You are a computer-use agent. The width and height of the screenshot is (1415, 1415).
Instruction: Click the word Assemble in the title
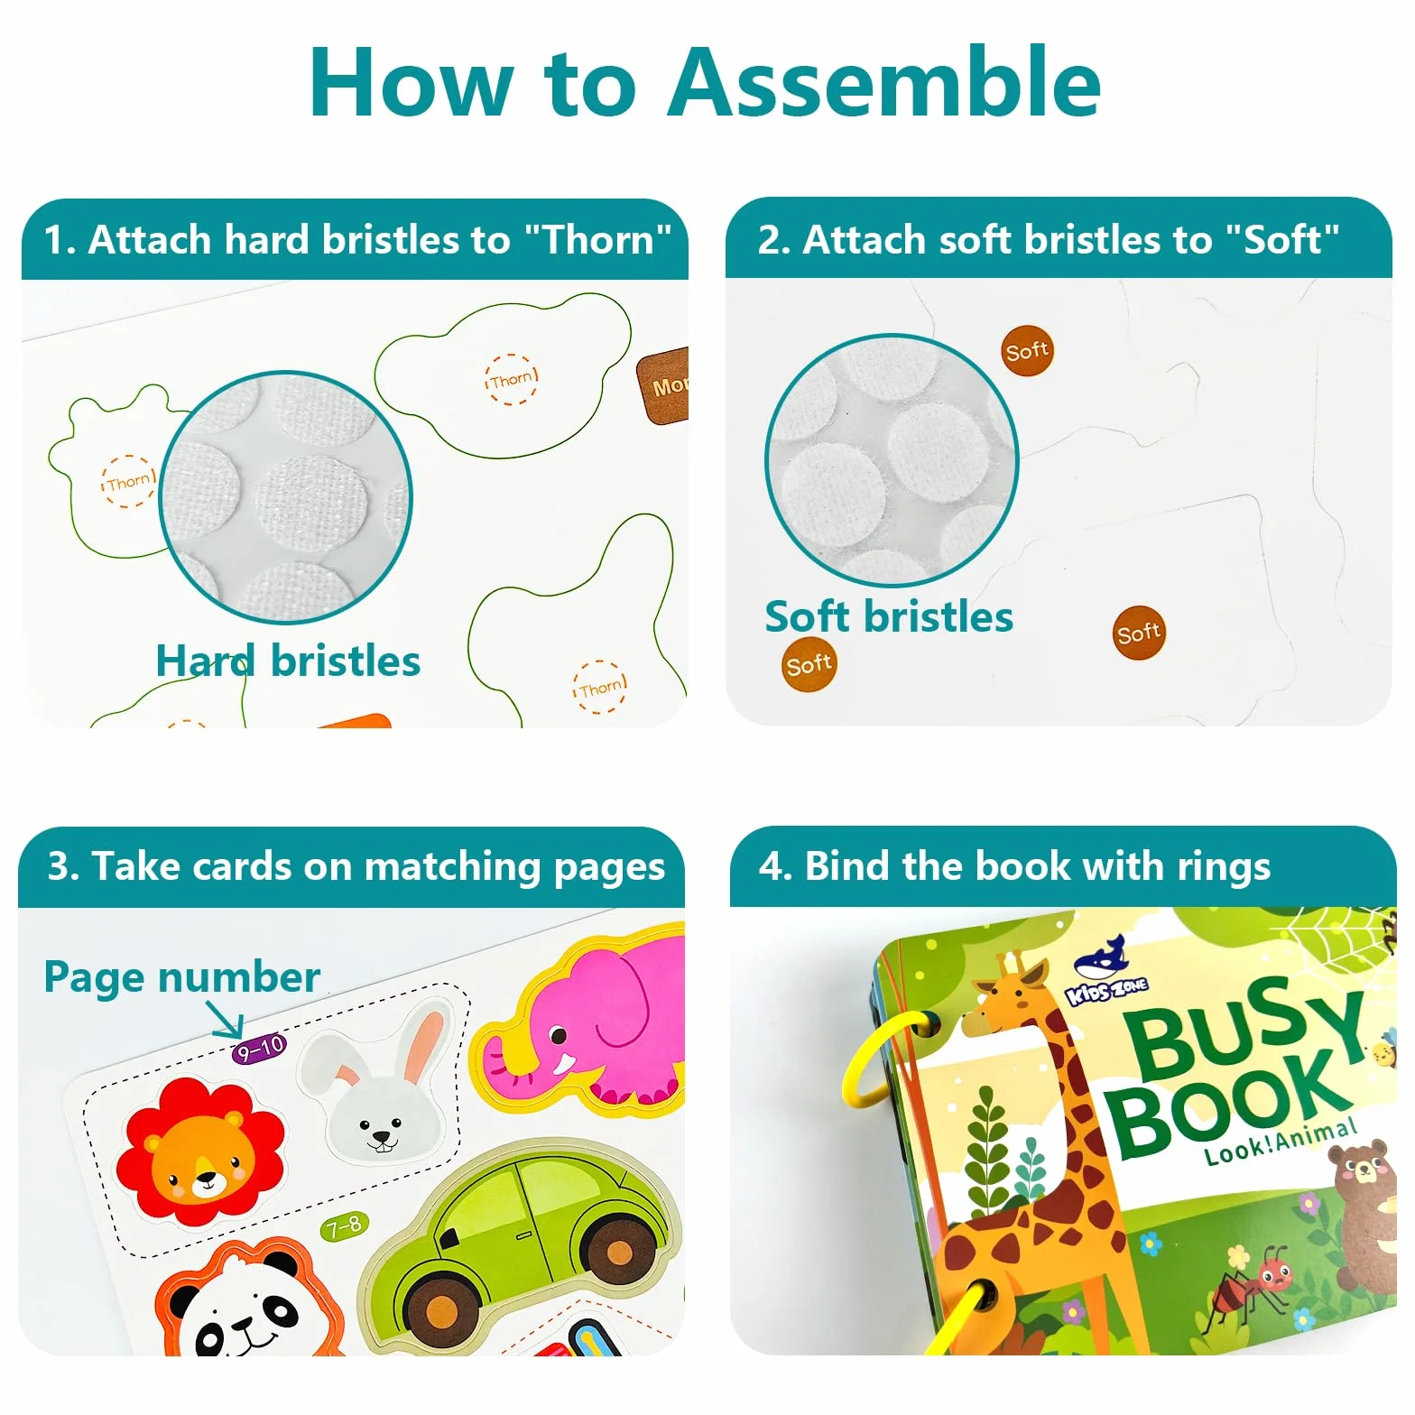(x=884, y=83)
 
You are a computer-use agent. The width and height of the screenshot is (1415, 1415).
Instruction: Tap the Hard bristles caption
(x=288, y=661)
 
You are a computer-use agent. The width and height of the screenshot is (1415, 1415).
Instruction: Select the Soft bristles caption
(x=889, y=617)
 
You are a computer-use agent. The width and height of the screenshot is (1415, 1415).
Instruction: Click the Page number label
(x=181, y=978)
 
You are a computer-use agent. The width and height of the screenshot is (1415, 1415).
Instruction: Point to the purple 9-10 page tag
(x=259, y=1049)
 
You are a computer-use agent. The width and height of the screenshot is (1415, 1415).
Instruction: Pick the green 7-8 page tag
(x=345, y=1227)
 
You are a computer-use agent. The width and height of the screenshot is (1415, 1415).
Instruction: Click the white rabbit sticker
(x=380, y=1093)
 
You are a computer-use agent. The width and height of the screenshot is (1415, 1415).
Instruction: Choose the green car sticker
(x=519, y=1242)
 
